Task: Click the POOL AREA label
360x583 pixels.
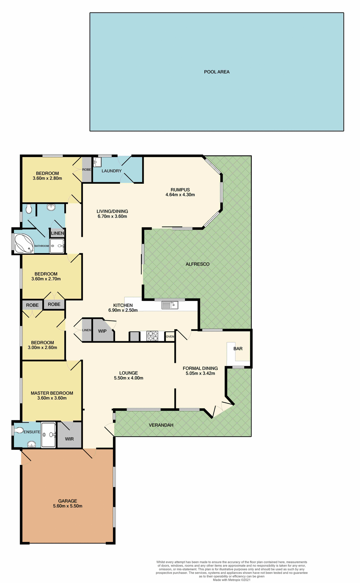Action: tap(217, 72)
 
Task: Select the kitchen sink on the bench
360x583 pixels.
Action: tap(170, 305)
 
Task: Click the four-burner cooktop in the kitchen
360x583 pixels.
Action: tap(153, 336)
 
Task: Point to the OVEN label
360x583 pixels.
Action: tap(170, 336)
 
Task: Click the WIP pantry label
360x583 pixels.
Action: tap(102, 331)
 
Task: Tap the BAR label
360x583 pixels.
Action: tap(238, 349)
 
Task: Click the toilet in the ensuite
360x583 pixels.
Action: tap(19, 430)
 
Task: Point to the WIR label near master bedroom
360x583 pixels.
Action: tap(69, 439)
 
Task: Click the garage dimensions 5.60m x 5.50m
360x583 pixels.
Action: tap(67, 506)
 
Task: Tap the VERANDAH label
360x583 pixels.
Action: tap(161, 425)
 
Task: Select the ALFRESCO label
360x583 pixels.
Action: tap(197, 264)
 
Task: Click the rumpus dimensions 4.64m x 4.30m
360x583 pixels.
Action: tap(180, 195)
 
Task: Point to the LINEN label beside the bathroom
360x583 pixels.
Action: tap(57, 233)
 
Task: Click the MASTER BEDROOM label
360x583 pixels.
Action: tap(52, 393)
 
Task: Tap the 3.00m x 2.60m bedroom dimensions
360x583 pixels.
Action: tap(43, 347)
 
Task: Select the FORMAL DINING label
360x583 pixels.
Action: tap(200, 368)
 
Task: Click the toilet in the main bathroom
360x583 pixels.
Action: tap(29, 209)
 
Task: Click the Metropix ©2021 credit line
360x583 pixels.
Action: tap(231, 580)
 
